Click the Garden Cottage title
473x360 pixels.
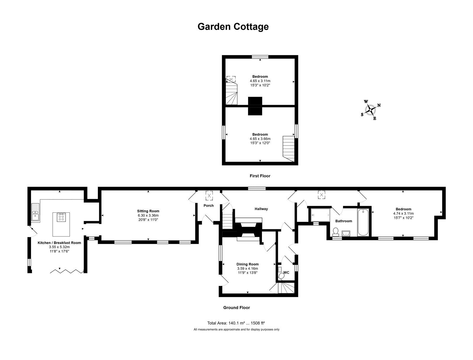tap(233, 27)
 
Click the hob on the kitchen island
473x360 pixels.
tap(61, 217)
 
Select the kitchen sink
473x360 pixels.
tap(35, 213)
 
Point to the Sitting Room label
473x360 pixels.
tap(148, 211)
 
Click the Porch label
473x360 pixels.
tap(209, 205)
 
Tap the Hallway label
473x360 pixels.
tap(261, 209)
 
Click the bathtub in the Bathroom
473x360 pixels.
tap(363, 222)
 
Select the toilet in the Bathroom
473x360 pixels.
tap(336, 232)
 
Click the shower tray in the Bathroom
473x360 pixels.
tap(320, 215)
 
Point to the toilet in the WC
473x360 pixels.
tap(281, 276)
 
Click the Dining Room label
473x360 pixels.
tap(247, 264)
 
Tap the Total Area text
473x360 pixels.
tap(236, 323)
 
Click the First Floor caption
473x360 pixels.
tap(260, 176)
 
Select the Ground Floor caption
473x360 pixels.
tap(237, 308)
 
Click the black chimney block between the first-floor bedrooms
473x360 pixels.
tap(255, 106)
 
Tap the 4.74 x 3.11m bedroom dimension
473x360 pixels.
tap(404, 213)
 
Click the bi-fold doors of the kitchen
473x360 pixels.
tap(67, 271)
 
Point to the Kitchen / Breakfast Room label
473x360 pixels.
tap(59, 243)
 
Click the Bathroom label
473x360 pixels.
tap(344, 221)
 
